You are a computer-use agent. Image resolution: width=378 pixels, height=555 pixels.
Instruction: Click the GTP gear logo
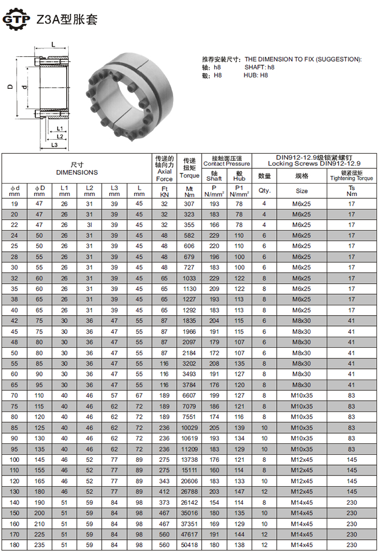(16, 19)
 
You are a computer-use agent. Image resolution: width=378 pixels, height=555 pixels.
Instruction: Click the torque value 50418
(189, 545)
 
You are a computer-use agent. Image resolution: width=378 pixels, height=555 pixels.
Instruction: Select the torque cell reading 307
(189, 204)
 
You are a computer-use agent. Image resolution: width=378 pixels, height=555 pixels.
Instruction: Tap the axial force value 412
(164, 492)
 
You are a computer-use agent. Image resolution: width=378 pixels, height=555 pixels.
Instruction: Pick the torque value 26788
(189, 492)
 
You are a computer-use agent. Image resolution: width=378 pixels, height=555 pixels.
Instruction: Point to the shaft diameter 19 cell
(14, 204)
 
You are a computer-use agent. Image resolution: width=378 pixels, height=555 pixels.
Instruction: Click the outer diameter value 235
(39, 545)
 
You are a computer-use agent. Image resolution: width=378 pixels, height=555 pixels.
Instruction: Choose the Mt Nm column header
(189, 192)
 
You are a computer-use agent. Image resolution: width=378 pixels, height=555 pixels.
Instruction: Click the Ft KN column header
(164, 192)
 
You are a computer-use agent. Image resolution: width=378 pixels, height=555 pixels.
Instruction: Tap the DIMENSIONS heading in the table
(77, 172)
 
